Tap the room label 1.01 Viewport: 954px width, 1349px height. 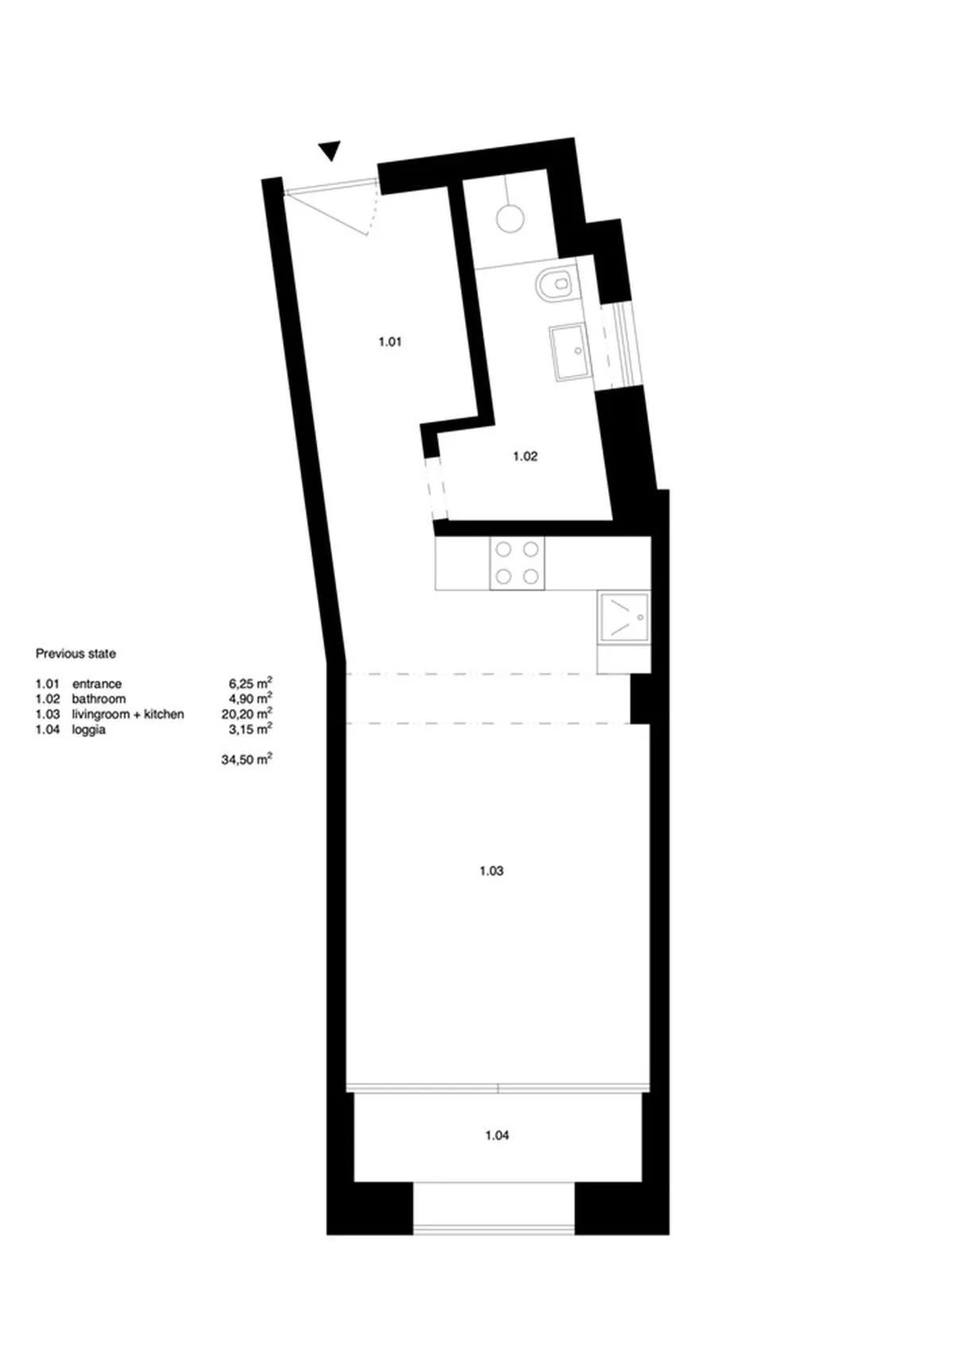pyautogui.click(x=390, y=342)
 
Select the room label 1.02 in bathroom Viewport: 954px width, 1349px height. pyautogui.click(x=525, y=456)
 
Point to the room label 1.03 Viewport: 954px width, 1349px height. pyautogui.click(x=491, y=870)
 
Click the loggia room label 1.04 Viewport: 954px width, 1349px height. pyautogui.click(x=498, y=1135)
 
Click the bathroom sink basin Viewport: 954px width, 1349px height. pyautogui.click(x=568, y=352)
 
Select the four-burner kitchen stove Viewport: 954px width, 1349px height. pyautogui.click(x=518, y=563)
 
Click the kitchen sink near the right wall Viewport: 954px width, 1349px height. pyautogui.click(x=624, y=618)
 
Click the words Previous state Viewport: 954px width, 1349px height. pyautogui.click(x=76, y=653)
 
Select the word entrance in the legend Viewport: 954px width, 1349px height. pyautogui.click(x=97, y=684)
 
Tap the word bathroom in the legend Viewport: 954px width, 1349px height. pyautogui.click(x=99, y=700)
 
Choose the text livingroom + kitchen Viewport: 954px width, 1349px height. pyautogui.click(x=128, y=715)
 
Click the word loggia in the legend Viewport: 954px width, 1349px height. pyautogui.click(x=88, y=730)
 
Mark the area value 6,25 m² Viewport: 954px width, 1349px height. pyautogui.click(x=250, y=684)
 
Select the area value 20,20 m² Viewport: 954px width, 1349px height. pyautogui.click(x=247, y=714)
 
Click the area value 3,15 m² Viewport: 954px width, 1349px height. pyautogui.click(x=250, y=729)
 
